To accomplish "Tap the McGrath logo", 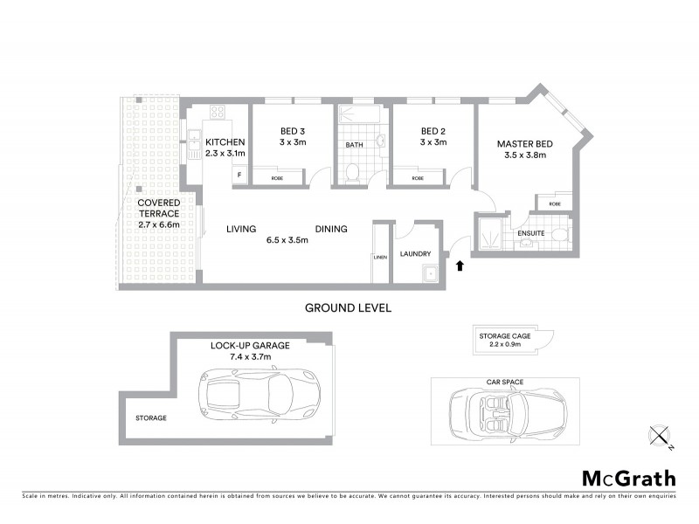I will (x=628, y=478).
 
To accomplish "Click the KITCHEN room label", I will (x=225, y=142).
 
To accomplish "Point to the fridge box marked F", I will (x=237, y=175).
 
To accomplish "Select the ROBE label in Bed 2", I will (x=418, y=178).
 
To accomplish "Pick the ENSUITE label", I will (x=532, y=233).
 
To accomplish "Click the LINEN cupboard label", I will (x=379, y=257).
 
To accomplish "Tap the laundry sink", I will (x=428, y=275).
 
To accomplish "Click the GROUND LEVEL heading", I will (x=347, y=307).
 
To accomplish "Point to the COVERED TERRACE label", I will (x=158, y=208).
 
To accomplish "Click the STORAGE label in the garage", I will (x=151, y=418).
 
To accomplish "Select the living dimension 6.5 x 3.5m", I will (x=287, y=241).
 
